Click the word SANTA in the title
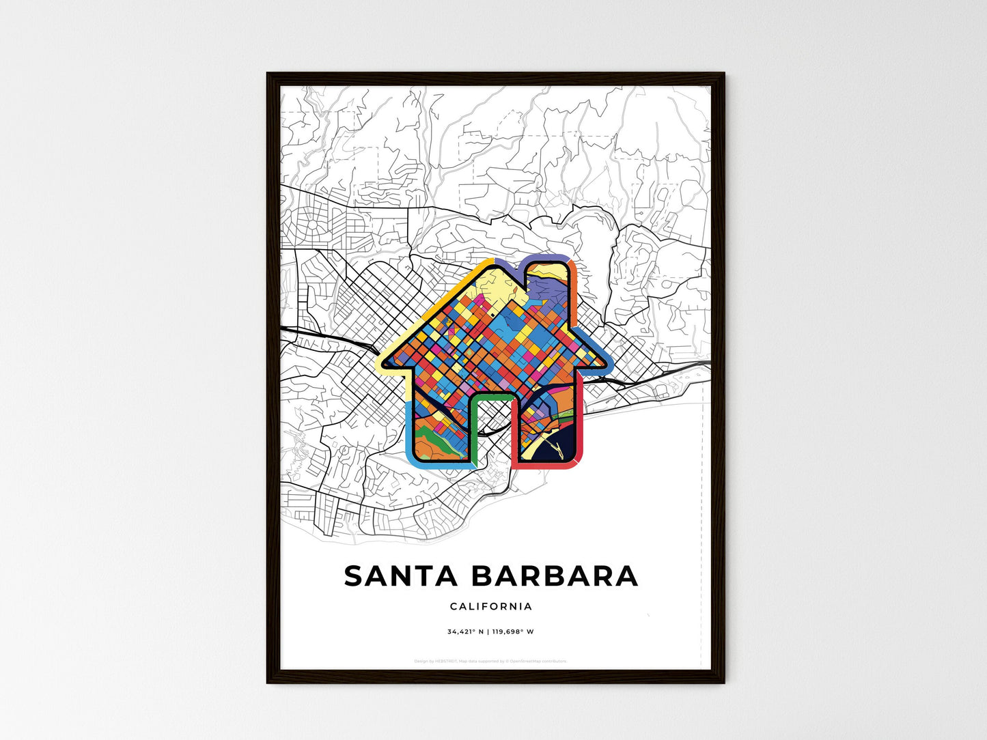point(400,576)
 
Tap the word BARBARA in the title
point(554,576)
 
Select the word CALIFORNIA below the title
point(491,606)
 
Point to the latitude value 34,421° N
point(465,631)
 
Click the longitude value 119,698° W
point(513,631)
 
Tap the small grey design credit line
point(490,661)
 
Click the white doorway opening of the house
point(492,430)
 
